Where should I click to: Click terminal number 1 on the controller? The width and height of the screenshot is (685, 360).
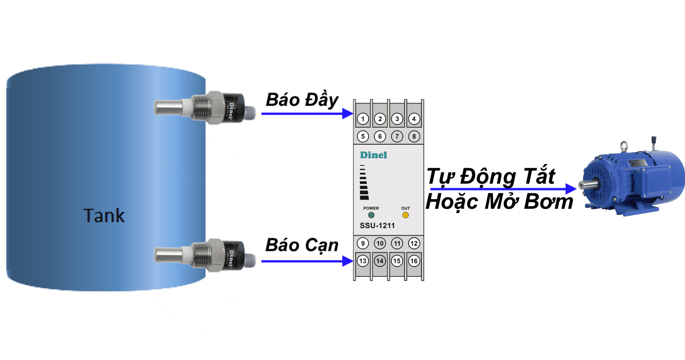363,119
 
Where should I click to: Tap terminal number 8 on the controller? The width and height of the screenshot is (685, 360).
414,137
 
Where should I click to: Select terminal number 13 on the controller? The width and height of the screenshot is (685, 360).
363,261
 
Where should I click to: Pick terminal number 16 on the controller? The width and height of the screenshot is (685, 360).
414,261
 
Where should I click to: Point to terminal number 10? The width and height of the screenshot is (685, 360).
380,244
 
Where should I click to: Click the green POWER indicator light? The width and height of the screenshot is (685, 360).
371,215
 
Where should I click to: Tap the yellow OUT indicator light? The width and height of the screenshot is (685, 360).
406,215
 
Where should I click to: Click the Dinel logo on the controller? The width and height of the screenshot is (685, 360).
374,155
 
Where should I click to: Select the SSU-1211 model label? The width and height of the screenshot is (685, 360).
377,226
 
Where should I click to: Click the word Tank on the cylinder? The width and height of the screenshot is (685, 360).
104,216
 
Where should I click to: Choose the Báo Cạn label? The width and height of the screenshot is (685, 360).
302,245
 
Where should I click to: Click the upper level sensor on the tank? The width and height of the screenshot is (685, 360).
205,107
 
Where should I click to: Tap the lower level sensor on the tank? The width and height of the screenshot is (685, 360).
205,255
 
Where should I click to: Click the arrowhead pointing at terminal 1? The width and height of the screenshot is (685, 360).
348,113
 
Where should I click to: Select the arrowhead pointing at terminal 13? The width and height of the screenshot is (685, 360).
348,261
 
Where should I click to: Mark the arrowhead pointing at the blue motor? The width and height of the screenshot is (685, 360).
571,189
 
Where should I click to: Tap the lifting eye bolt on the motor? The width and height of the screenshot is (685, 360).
623,146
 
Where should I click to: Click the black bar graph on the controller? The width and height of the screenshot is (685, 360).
364,182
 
